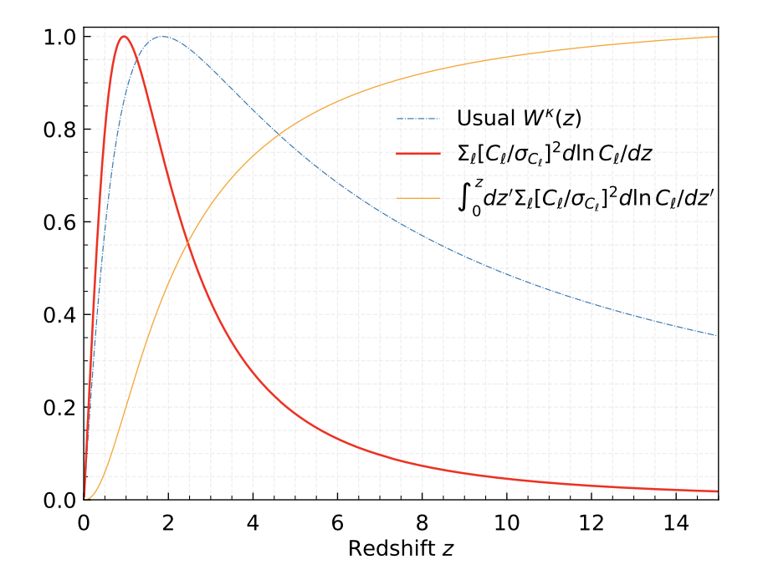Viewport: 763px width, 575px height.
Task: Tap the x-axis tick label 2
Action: point(168,522)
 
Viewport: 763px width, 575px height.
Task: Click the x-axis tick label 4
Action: point(253,522)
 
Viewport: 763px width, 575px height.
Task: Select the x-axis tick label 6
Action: point(338,522)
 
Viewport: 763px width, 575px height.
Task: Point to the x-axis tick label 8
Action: point(422,522)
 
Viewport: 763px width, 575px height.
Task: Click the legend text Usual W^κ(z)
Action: point(520,118)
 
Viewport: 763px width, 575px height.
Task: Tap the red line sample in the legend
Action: point(418,156)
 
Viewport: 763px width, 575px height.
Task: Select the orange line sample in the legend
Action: point(418,199)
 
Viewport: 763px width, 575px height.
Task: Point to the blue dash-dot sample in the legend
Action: point(418,119)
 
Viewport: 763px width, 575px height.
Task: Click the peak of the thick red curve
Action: point(124,36)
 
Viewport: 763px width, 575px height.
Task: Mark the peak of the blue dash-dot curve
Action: point(162,36)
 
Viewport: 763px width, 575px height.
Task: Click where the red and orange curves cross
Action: point(187,243)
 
